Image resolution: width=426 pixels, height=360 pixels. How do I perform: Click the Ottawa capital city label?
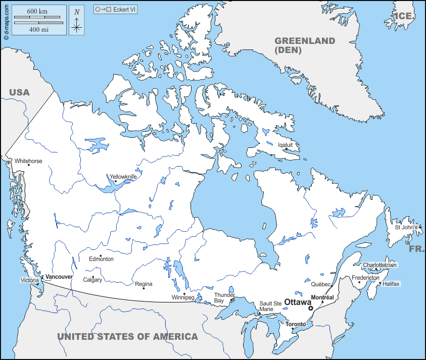[298, 302]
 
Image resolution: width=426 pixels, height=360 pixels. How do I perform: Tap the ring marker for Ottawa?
[311, 308]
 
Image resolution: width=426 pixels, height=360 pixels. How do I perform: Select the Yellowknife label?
[123, 177]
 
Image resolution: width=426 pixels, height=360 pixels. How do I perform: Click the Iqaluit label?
[286, 144]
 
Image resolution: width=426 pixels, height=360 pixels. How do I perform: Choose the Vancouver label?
[59, 277]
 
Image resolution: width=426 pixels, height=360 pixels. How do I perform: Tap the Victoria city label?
[29, 280]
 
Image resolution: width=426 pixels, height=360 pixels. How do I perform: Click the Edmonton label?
[101, 259]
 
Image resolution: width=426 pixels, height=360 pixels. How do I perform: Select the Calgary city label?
[92, 280]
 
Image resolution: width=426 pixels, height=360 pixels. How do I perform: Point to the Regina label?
[144, 284]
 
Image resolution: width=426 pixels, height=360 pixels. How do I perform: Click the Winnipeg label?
[183, 297]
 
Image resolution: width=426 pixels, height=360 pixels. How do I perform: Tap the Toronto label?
[296, 324]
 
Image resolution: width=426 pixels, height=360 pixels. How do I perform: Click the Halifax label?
[391, 284]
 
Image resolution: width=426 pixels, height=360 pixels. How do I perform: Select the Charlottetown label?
[380, 265]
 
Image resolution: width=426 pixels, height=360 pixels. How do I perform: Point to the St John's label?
[406, 227]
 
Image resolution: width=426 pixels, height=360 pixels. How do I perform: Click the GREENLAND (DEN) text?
[304, 45]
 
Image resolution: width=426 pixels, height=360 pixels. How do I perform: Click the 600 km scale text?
[38, 11]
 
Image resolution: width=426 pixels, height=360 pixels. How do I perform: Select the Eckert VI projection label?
[125, 10]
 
